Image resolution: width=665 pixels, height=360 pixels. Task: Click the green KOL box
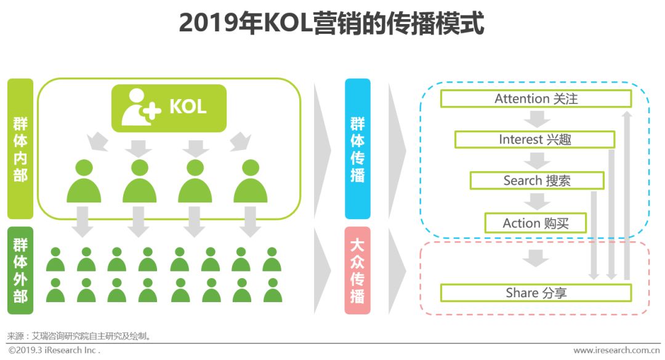point(169,108)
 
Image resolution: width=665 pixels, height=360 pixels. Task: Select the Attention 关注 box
point(536,99)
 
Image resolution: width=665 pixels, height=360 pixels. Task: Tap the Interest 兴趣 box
point(535,140)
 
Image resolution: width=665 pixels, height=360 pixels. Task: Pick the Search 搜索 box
point(537,181)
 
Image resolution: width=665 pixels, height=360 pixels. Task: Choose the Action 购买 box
point(536,223)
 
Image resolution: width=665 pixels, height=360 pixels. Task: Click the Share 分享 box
point(536,293)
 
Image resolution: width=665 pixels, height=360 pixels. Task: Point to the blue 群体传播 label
point(358,149)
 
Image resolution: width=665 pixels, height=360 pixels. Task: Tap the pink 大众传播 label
point(358,271)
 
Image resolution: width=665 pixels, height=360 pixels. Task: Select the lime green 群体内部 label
point(20,149)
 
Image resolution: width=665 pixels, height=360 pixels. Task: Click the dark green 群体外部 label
point(20,271)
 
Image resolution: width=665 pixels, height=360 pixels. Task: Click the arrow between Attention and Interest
point(537,119)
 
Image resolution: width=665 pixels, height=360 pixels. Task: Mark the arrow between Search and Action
point(537,201)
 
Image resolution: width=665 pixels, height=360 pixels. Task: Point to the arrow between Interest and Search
point(537,160)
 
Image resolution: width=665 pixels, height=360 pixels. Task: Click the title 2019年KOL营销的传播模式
point(332,23)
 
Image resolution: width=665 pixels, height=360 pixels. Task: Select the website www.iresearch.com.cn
point(616,350)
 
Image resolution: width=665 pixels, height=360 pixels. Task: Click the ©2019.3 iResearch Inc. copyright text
point(54,350)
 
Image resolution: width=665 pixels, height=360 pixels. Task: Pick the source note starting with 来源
point(79,336)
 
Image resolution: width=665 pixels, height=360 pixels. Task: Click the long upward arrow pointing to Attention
point(627,195)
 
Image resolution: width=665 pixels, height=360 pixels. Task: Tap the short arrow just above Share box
point(536,258)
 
